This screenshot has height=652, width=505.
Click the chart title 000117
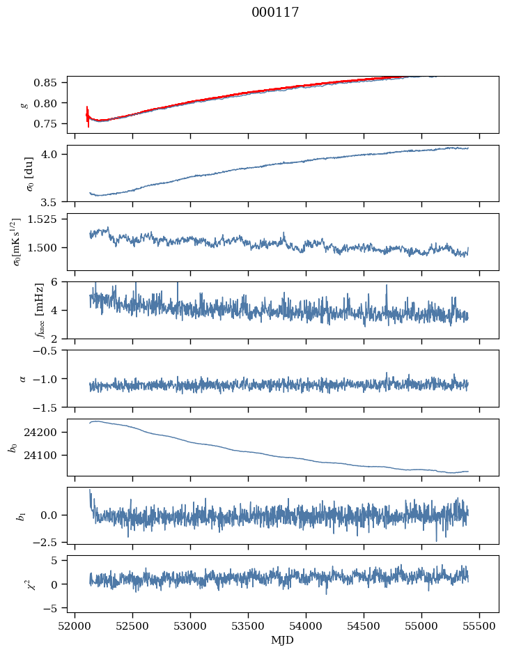tap(275, 13)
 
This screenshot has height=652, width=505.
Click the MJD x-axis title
tap(282, 639)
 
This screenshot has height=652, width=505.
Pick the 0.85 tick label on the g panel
tap(52, 83)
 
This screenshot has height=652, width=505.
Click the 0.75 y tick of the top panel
tap(52, 124)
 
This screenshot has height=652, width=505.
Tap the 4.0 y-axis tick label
tap(56, 154)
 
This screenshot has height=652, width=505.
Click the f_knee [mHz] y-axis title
tap(19, 310)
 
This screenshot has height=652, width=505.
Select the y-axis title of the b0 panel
tap(13, 447)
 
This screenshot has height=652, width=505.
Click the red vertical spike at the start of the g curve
tap(88, 116)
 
